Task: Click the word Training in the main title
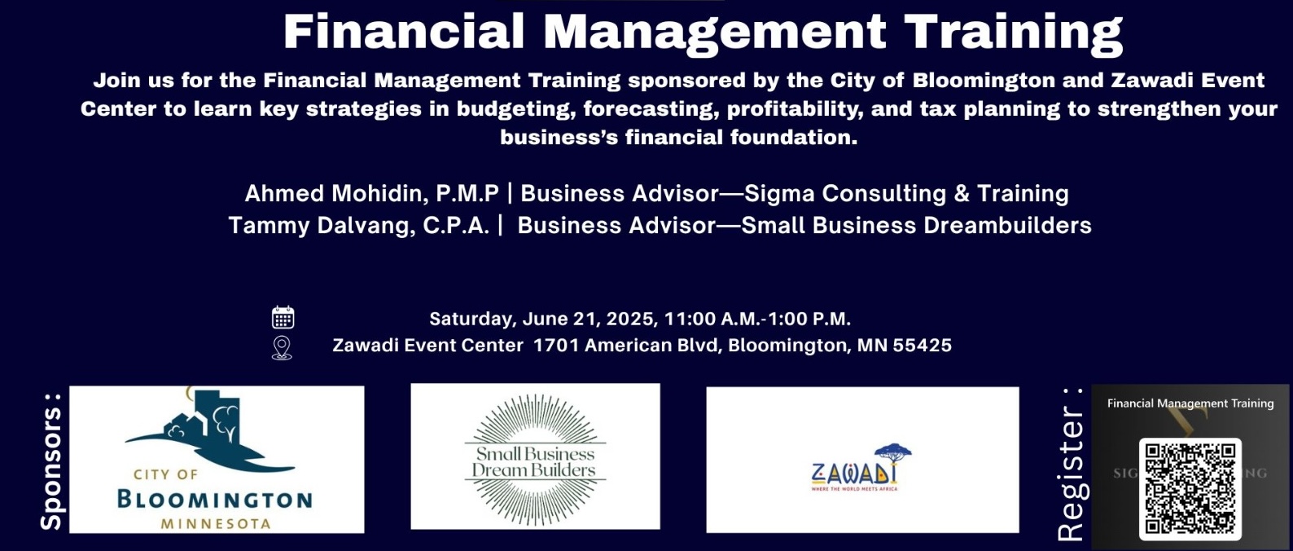coord(1013,32)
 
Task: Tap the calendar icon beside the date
coord(283,317)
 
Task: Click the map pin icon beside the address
coord(282,347)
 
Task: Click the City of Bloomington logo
coord(217,460)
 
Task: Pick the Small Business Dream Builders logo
coord(535,456)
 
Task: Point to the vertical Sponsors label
coord(51,461)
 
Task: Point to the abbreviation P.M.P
coord(467,194)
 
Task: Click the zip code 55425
coord(922,346)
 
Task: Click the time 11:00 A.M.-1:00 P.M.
coord(757,319)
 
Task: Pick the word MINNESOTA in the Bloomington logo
coord(216,523)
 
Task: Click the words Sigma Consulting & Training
coord(906,194)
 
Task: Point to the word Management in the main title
coord(713,32)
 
